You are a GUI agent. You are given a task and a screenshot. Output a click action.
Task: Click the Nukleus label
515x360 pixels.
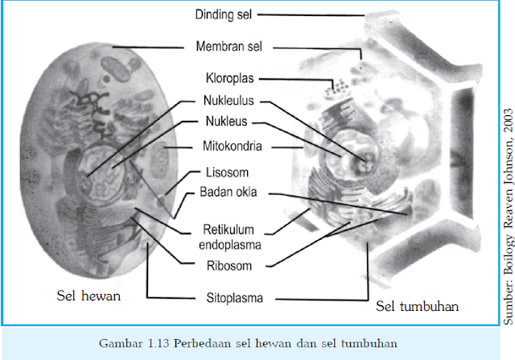226,124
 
